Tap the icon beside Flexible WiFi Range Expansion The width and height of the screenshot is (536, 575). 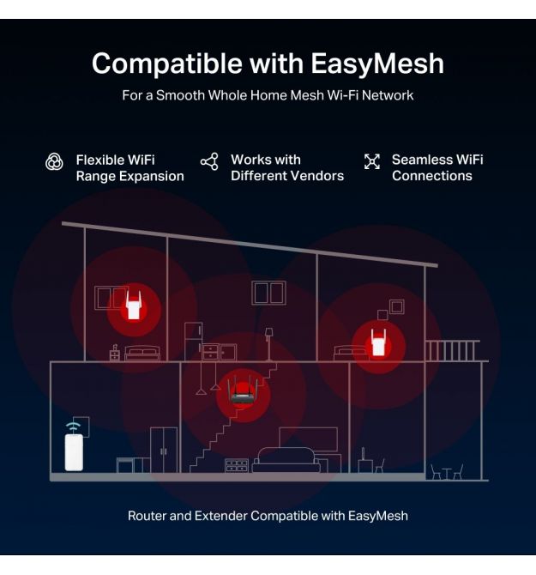[54, 161]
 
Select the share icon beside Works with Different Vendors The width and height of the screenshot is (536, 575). [209, 161]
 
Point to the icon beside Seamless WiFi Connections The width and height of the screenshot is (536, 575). [372, 161]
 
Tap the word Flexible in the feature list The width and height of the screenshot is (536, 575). [103, 160]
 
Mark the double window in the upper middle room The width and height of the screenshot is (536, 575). [269, 292]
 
